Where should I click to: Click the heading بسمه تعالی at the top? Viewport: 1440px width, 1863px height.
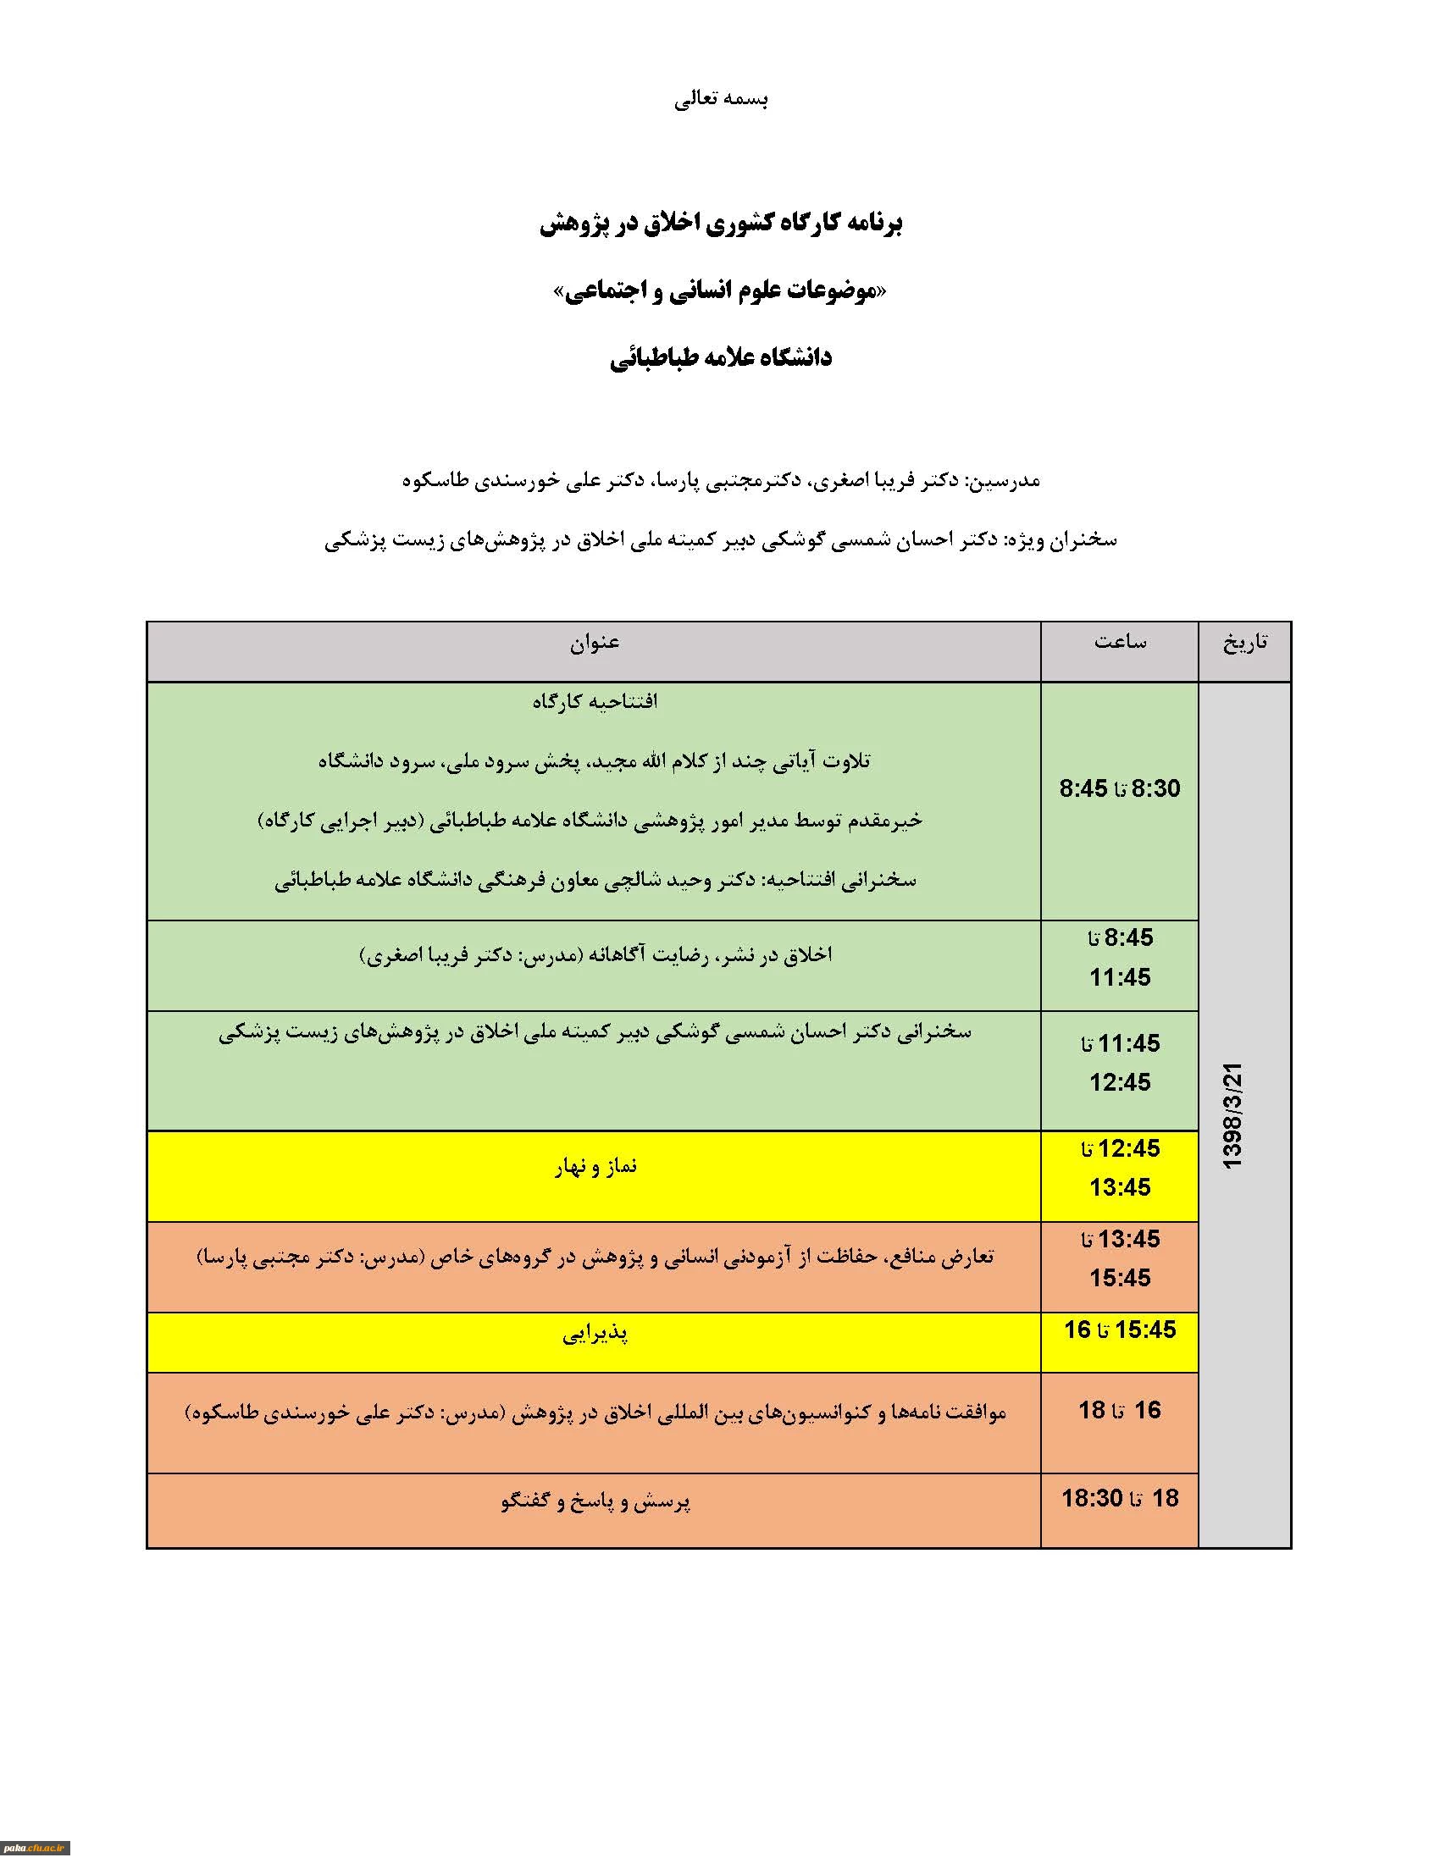721,100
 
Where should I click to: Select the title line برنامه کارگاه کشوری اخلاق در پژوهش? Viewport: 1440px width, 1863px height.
721,224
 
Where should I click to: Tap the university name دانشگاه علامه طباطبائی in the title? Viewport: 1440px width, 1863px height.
721,358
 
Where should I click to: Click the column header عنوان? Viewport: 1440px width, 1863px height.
595,643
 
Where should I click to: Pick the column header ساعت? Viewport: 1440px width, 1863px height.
1120,643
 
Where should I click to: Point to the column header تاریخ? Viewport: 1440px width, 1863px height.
1244,643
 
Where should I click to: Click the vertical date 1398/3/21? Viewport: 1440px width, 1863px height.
1233,1115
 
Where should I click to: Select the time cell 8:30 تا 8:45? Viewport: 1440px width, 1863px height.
1120,788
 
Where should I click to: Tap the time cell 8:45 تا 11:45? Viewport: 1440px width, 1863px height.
1120,957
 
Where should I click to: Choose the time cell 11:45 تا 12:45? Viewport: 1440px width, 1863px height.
1120,1063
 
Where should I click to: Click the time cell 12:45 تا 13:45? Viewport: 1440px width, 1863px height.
1120,1168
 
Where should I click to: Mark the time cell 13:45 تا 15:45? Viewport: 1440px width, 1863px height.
1120,1258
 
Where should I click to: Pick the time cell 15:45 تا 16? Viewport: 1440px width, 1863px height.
1120,1330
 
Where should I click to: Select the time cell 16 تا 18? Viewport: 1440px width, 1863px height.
1120,1410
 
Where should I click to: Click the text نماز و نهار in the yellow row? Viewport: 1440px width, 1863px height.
595,1166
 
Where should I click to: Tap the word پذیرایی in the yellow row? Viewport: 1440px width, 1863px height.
595,1333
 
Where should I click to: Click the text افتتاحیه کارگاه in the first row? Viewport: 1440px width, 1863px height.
595,702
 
